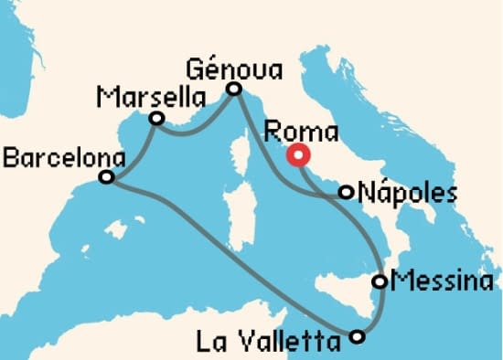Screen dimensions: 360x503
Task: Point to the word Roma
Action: [300, 132]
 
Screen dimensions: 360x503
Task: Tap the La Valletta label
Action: [273, 343]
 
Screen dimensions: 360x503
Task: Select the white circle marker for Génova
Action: [233, 89]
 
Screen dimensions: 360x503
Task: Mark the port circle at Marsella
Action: [156, 118]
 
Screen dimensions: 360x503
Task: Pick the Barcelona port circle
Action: [106, 176]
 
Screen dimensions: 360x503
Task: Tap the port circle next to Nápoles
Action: [346, 192]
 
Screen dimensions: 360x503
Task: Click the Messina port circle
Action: [380, 281]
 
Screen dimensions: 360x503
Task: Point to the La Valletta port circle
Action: [358, 337]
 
